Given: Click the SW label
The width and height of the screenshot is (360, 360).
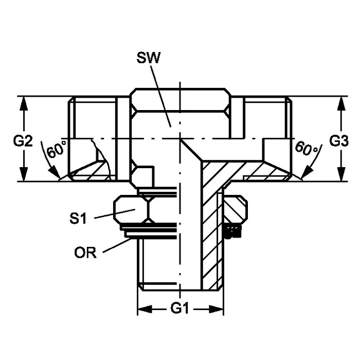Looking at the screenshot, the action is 148,58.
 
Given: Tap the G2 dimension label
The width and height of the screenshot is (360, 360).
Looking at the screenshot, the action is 23,141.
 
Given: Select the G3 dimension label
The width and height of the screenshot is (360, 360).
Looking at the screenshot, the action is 339,141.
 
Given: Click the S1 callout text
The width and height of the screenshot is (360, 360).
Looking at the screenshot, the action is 78,218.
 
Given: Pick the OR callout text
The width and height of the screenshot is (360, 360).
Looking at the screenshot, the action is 85,253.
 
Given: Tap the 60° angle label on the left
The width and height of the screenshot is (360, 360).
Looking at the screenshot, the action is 56,150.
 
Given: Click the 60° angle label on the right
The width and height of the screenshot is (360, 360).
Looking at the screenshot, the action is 307,149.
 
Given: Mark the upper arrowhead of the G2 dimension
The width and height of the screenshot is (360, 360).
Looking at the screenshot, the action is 24,104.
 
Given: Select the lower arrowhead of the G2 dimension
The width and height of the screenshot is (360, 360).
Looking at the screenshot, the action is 24,174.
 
